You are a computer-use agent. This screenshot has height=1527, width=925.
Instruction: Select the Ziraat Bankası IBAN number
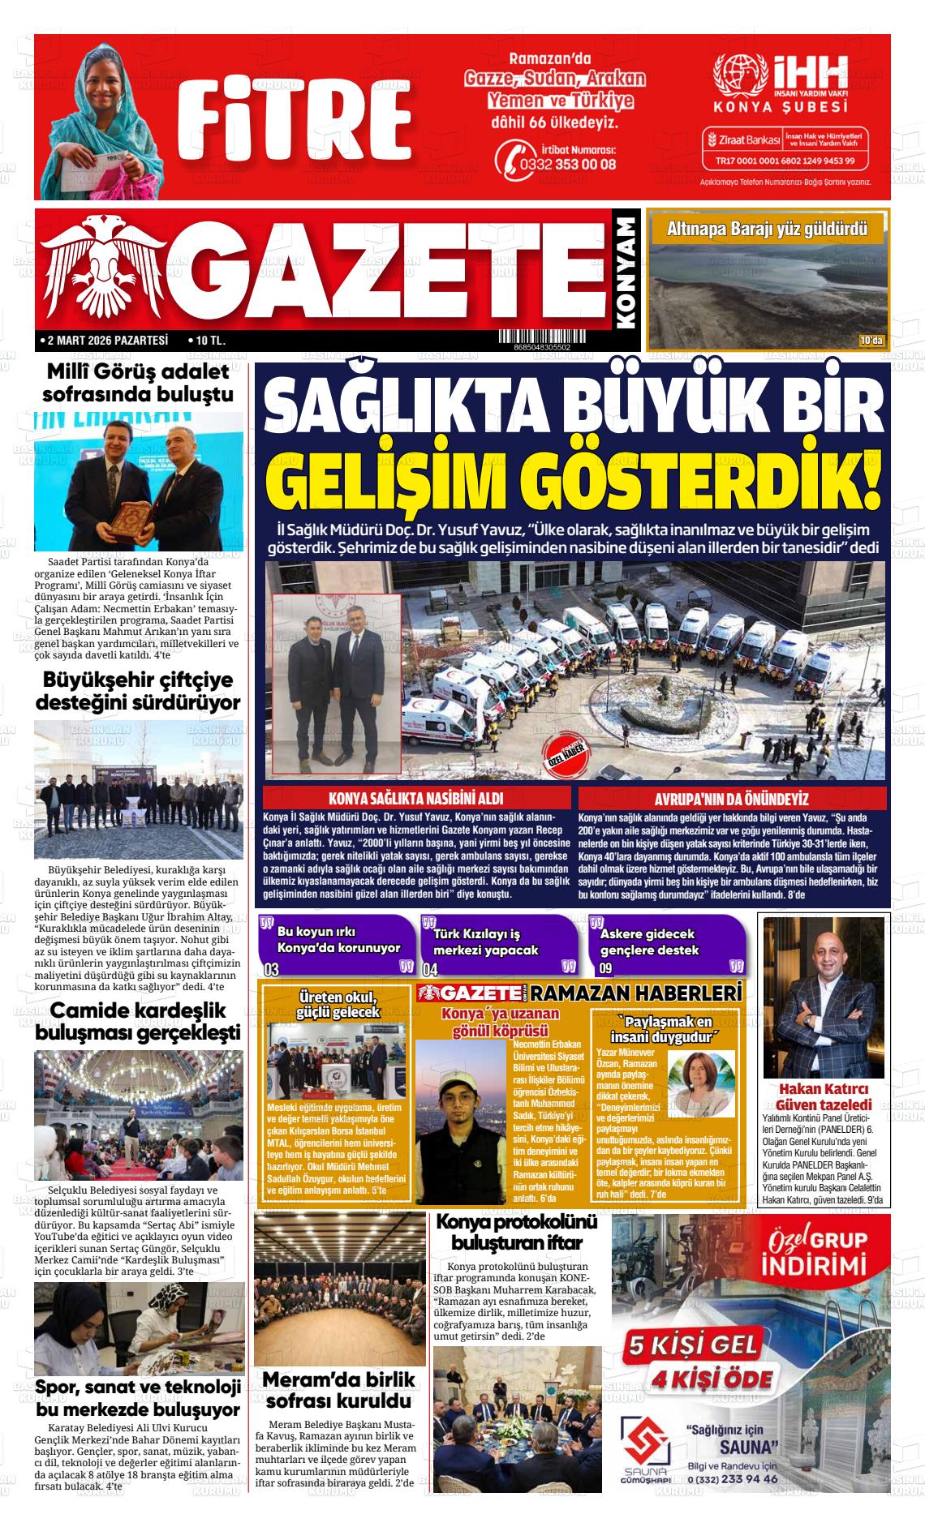[x=785, y=161]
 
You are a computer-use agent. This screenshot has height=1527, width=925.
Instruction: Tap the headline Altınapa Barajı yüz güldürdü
[x=767, y=229]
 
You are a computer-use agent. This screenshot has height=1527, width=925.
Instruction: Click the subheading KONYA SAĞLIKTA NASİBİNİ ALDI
[x=415, y=798]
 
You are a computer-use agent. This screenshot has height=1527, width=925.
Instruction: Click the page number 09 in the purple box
[x=605, y=968]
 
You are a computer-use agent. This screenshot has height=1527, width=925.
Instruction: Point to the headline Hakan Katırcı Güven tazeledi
[x=824, y=1096]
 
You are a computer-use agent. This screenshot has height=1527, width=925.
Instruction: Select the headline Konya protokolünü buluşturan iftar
[x=517, y=1233]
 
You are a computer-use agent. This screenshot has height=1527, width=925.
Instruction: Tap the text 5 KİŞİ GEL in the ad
[x=691, y=1345]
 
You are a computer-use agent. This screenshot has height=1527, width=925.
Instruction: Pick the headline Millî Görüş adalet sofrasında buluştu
[x=138, y=384]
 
